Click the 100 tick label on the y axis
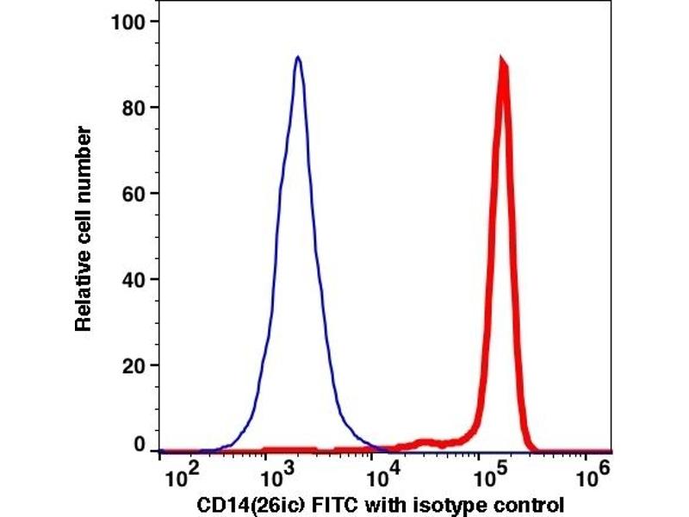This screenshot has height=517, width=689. point(129,21)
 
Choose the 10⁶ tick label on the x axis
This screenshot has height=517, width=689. point(590,477)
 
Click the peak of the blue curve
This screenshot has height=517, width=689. point(297,58)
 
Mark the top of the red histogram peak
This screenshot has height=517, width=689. point(502,61)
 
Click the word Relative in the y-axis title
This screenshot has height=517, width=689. point(84,293)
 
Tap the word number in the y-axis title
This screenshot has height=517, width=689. point(84,154)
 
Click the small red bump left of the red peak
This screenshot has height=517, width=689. point(425,442)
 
